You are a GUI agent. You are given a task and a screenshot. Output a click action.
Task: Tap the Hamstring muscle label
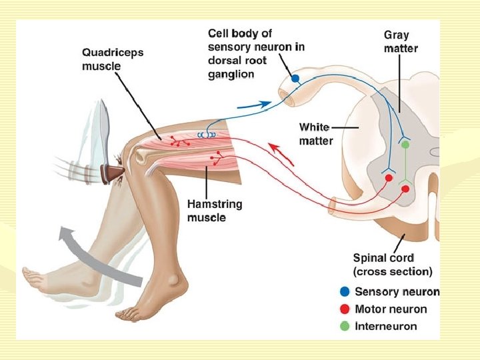point(215,211)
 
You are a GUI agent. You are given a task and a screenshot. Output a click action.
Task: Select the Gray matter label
point(401,41)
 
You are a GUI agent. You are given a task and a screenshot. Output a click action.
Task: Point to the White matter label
point(315,133)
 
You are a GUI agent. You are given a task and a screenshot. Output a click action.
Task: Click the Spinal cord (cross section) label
point(392,265)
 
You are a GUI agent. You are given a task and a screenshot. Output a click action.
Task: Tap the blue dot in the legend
point(344,292)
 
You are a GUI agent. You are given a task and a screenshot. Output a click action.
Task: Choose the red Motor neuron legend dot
point(344,309)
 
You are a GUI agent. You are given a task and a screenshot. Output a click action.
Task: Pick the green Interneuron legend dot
point(344,326)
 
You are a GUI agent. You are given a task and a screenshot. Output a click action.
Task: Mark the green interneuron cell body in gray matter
point(404,145)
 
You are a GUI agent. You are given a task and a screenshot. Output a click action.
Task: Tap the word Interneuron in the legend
point(386,327)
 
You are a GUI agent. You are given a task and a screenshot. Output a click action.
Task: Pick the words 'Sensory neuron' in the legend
point(397,292)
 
